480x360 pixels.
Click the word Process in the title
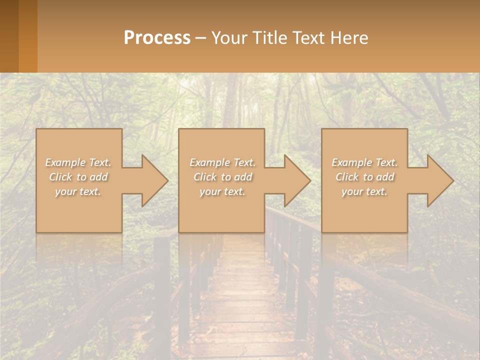tap(157, 38)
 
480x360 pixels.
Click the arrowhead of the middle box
tap(296, 181)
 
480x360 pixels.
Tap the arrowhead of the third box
tap(439, 181)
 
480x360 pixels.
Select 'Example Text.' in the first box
tap(78, 162)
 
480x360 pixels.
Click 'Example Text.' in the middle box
tap(222, 162)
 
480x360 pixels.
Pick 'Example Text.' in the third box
tap(364, 162)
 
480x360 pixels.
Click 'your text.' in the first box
tap(78, 191)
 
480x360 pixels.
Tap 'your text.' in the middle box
tap(222, 191)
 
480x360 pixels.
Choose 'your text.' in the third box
tap(364, 191)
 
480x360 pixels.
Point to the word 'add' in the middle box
tap(243, 177)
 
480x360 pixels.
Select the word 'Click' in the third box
tap(347, 177)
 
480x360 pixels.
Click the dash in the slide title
tap(200, 38)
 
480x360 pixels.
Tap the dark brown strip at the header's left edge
tap(9, 36)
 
